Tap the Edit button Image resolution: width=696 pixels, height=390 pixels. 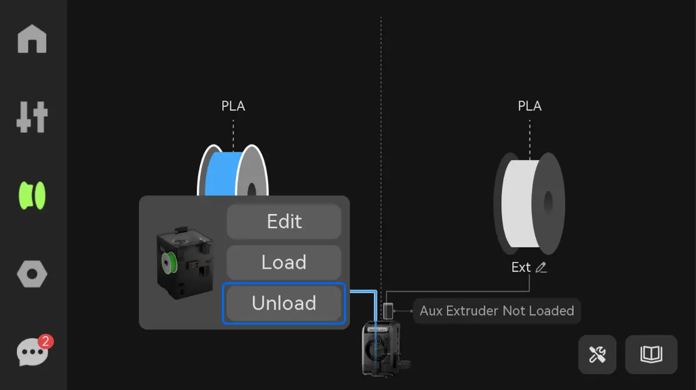click(x=284, y=222)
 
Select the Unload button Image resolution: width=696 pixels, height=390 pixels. click(x=284, y=303)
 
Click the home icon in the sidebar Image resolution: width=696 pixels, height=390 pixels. click(x=32, y=39)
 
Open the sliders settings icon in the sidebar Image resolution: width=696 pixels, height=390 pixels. click(x=32, y=117)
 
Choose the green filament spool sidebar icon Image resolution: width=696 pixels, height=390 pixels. click(x=32, y=196)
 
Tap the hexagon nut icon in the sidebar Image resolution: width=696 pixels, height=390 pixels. click(x=32, y=274)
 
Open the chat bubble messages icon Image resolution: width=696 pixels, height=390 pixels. click(x=32, y=352)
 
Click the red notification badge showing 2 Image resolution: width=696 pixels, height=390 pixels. click(x=46, y=341)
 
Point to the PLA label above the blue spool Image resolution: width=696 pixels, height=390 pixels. click(x=233, y=106)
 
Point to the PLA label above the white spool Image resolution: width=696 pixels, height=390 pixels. click(x=530, y=106)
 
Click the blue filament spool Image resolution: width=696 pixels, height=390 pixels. click(x=233, y=171)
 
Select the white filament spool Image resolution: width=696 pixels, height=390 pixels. click(x=529, y=204)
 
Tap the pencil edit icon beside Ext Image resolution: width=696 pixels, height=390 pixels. click(x=541, y=268)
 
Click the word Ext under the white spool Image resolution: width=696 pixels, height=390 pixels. click(x=521, y=268)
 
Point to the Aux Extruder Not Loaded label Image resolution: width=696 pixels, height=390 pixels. click(x=497, y=311)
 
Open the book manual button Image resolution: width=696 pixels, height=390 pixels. click(x=651, y=354)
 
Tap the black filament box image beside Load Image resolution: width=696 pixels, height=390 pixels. click(x=184, y=263)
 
